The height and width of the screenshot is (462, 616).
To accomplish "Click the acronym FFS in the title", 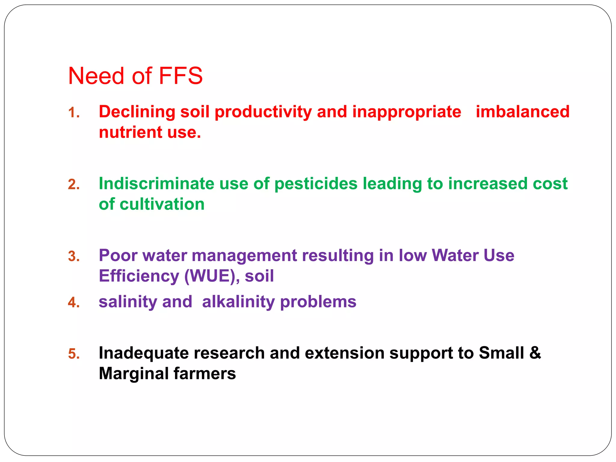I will click(x=180, y=76).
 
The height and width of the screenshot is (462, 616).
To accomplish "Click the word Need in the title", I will click(x=96, y=76).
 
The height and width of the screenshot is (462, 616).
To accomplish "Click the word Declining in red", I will click(x=137, y=112).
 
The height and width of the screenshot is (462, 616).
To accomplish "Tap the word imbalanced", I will click(x=522, y=112).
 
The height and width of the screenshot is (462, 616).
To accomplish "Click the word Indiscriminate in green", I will click(x=156, y=183).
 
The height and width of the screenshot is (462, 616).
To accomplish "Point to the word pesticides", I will click(x=316, y=184).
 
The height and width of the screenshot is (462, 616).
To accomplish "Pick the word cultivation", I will click(x=162, y=204).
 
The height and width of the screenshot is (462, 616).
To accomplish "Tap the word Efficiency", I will click(x=139, y=276).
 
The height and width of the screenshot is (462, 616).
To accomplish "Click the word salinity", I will click(x=128, y=302).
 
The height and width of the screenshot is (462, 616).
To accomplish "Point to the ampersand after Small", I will click(x=535, y=353).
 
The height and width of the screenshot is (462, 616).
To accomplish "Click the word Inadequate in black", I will click(x=144, y=353).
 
